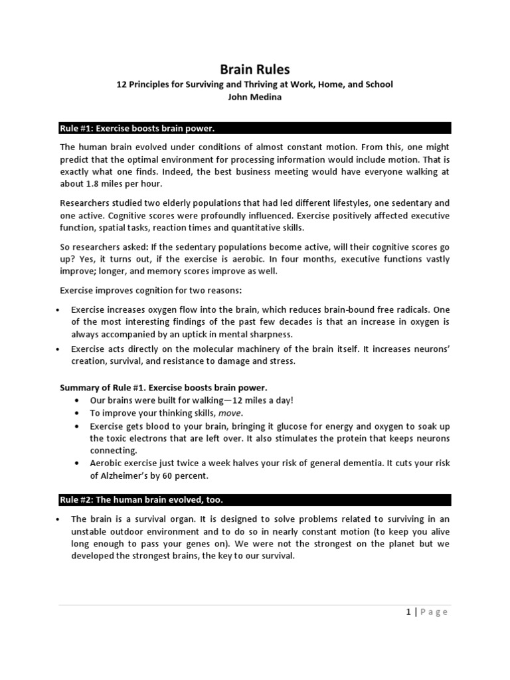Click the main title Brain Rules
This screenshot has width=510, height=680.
point(255,69)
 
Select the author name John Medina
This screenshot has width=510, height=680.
point(255,96)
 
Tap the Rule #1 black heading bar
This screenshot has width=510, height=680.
point(255,128)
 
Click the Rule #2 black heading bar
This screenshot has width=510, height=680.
point(255,499)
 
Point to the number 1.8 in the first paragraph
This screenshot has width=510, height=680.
point(90,183)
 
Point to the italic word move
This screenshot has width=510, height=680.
point(228,412)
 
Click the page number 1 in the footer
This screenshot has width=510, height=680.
point(408,612)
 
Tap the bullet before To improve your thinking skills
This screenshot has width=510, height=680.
point(78,412)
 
